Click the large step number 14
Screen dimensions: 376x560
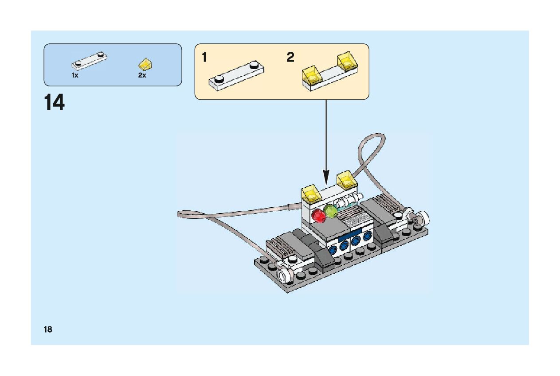54,103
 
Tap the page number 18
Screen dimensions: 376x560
48,329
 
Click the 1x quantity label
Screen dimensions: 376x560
75,75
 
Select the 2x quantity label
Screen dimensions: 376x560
142,75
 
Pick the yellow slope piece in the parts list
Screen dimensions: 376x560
146,65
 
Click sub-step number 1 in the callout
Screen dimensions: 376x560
204,58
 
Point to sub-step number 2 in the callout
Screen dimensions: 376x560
290,58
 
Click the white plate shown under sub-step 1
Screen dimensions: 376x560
236,76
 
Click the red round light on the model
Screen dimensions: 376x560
319,216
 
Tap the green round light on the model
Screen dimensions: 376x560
330,211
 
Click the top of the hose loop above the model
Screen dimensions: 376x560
375,134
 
